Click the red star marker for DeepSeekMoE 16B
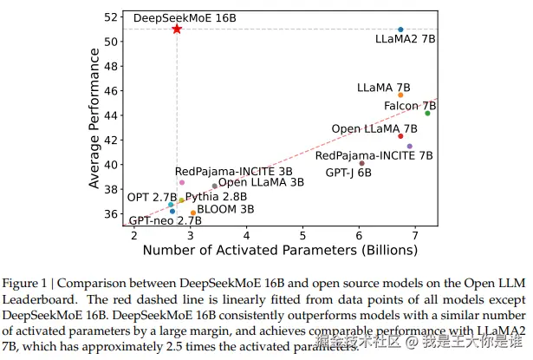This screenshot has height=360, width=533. point(177,29)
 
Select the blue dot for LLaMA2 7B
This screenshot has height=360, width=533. point(400,29)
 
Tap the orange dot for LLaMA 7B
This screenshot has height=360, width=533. point(400,95)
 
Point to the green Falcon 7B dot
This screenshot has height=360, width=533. point(427,113)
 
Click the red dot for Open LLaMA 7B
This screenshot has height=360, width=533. point(400,136)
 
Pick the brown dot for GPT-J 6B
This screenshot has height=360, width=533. point(361,163)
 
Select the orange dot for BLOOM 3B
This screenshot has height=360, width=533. point(193,213)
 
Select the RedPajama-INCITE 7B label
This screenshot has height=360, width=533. point(374,155)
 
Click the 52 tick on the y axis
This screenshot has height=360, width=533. point(113,16)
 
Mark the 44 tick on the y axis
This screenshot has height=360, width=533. point(113,115)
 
